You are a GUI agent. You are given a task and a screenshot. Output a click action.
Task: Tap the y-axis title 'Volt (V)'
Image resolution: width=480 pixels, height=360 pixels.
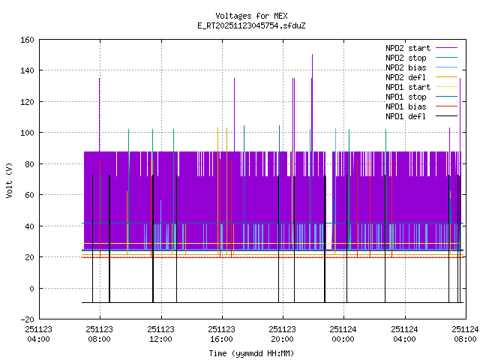pyautogui.click(x=9, y=179)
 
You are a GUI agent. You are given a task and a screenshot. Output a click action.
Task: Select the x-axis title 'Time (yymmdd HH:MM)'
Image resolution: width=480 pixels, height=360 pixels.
pyautogui.click(x=251, y=352)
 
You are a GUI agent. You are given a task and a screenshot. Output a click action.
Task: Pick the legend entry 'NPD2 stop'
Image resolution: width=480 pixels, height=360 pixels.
pyautogui.click(x=406, y=58)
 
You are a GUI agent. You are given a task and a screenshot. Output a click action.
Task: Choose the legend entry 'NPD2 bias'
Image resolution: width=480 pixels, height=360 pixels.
pyautogui.click(x=406, y=67)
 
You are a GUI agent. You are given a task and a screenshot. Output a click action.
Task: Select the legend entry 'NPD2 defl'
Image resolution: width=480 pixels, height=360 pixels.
pyautogui.click(x=406, y=77)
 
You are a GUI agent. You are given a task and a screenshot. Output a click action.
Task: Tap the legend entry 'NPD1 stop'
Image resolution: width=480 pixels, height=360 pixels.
pyautogui.click(x=406, y=97)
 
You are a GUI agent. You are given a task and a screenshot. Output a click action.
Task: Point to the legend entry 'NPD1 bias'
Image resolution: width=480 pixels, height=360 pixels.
pyautogui.click(x=406, y=106)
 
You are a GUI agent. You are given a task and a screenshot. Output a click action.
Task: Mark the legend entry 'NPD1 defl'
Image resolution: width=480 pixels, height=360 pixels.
pyautogui.click(x=406, y=116)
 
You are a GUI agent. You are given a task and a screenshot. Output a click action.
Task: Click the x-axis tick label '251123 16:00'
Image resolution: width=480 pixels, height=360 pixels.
pyautogui.click(x=221, y=333)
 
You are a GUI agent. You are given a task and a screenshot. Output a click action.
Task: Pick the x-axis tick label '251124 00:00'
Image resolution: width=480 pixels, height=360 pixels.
pyautogui.click(x=343, y=333)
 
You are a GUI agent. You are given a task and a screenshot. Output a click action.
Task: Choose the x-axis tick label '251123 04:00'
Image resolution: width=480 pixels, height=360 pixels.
pyautogui.click(x=38, y=333)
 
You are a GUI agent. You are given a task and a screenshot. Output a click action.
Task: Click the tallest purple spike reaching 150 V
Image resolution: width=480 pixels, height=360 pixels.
pyautogui.click(x=312, y=55)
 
